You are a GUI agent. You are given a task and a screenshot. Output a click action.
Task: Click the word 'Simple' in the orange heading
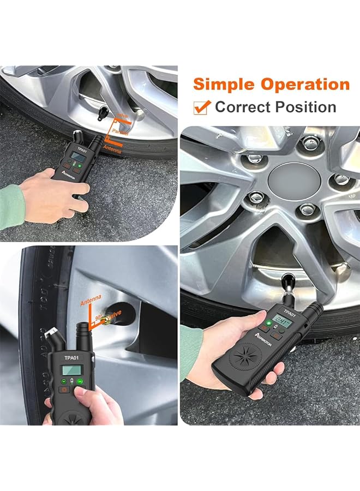pyautogui.click(x=224, y=85)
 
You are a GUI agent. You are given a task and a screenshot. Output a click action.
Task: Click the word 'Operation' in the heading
pyautogui.click(x=304, y=85)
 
